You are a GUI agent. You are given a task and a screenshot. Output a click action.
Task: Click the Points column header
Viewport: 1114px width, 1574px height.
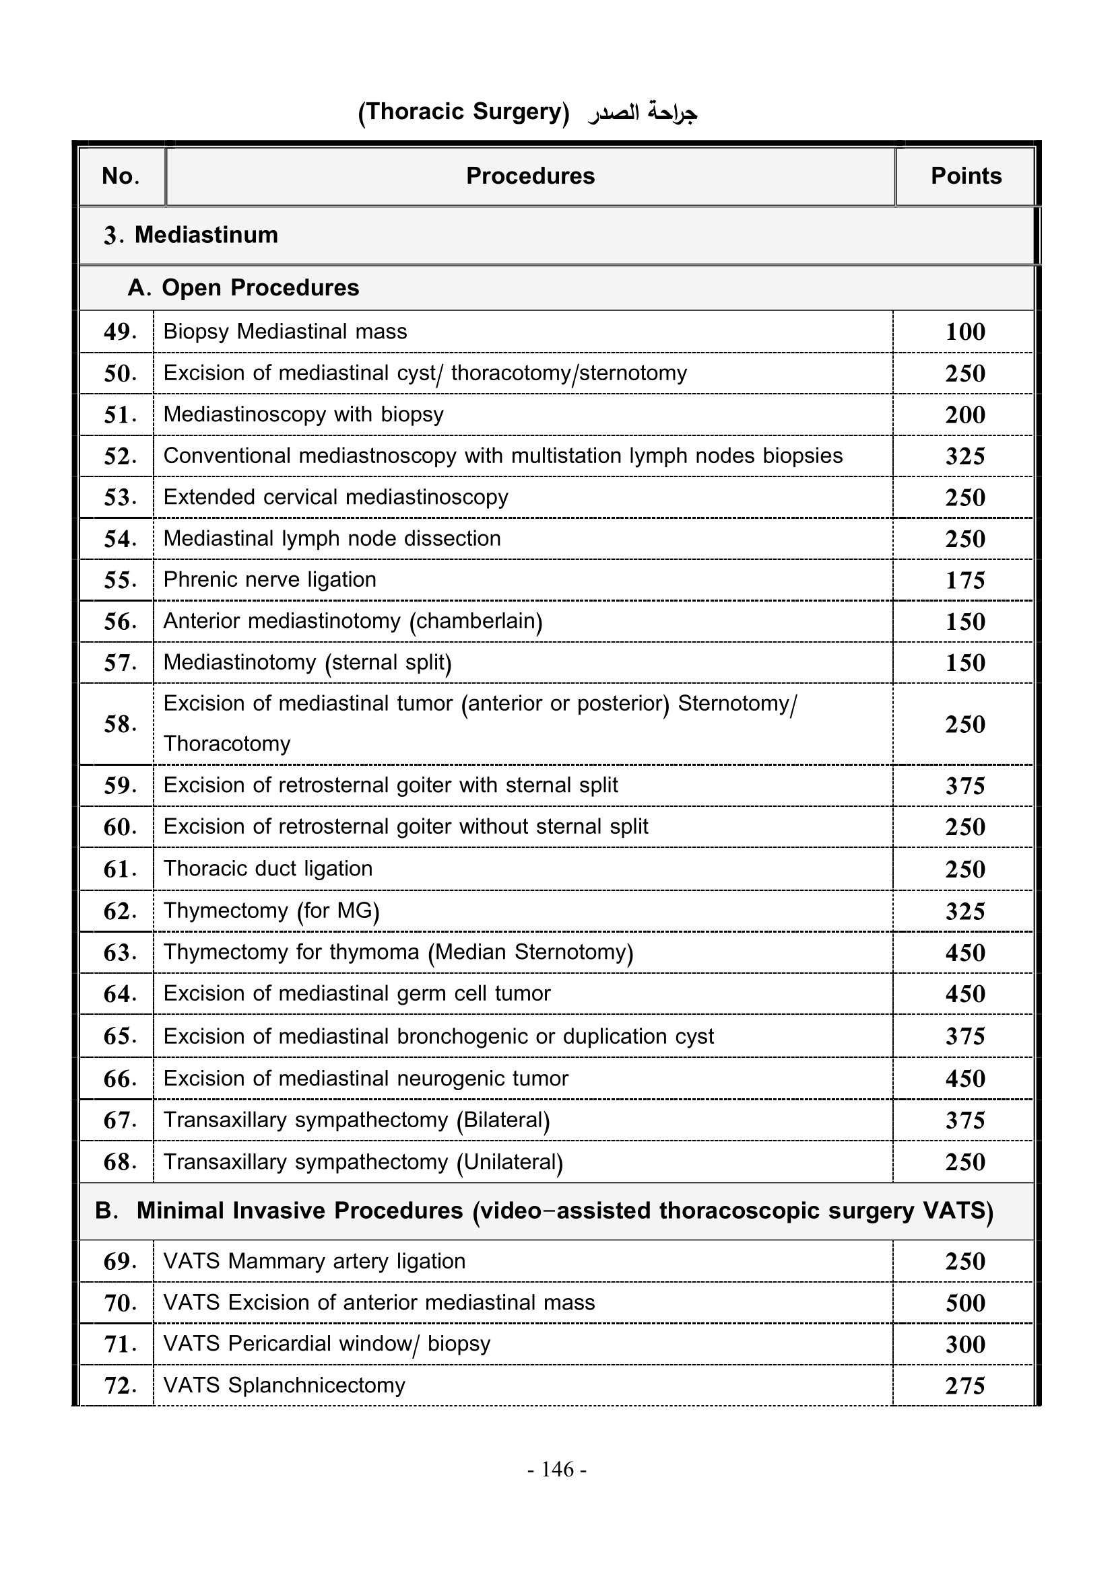click(x=965, y=176)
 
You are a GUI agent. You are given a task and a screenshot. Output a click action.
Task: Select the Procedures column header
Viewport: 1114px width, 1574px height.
click(x=530, y=176)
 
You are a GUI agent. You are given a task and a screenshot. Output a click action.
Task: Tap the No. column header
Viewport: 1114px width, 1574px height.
click(x=121, y=176)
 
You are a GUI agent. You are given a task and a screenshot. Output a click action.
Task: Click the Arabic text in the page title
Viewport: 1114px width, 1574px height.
click(x=642, y=112)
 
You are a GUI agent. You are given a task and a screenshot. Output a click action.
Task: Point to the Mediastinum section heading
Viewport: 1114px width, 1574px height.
click(x=191, y=235)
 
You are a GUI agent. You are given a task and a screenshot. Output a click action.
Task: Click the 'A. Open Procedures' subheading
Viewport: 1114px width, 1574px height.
click(x=243, y=288)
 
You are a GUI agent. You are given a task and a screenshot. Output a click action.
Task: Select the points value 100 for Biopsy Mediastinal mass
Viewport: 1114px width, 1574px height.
click(x=965, y=332)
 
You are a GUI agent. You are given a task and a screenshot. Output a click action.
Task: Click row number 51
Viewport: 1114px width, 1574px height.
click(x=119, y=415)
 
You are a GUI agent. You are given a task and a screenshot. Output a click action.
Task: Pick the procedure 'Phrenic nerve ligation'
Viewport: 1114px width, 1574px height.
click(x=269, y=580)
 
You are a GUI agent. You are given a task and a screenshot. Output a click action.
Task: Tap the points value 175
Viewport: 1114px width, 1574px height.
click(x=965, y=581)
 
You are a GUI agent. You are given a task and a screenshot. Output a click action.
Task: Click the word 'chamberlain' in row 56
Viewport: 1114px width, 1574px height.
click(x=476, y=621)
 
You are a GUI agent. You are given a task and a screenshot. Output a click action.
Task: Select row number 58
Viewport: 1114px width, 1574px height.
click(x=119, y=724)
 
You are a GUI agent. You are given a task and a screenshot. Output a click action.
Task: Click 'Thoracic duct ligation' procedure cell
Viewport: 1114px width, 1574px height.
click(x=267, y=869)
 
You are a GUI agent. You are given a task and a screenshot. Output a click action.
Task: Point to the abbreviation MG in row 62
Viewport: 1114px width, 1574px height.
click(x=356, y=910)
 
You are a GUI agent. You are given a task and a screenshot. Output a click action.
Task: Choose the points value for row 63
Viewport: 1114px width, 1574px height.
click(x=965, y=953)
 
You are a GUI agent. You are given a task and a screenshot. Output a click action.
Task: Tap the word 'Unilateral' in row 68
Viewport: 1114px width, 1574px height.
click(x=510, y=1162)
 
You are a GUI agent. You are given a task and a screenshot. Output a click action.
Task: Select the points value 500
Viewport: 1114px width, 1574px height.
click(x=965, y=1303)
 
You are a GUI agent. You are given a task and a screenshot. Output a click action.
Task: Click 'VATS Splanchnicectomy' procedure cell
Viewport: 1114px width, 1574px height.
click(x=284, y=1386)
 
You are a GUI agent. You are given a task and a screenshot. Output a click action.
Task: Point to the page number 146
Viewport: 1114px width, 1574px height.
click(x=557, y=1469)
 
